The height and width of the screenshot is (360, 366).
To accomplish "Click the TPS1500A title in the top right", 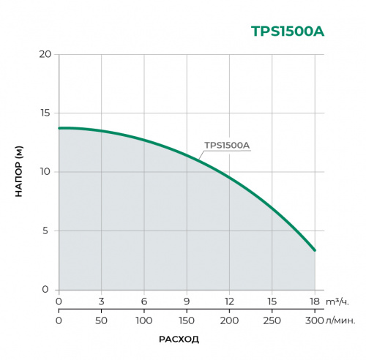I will tap(287, 31).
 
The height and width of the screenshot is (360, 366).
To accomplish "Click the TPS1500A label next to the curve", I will tap(227, 145).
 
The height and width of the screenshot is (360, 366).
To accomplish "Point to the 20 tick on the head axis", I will tap(45, 55).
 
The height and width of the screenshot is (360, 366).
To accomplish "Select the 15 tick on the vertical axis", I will tap(45, 113).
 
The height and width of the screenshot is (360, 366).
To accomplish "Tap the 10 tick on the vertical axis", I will tap(45, 172).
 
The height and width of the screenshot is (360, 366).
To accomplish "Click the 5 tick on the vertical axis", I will tap(47, 231).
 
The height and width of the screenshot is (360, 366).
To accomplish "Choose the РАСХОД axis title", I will tap(179, 340).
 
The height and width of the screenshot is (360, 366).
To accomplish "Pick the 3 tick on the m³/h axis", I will tap(101, 301).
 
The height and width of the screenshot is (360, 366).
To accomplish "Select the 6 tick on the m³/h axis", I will tap(144, 301).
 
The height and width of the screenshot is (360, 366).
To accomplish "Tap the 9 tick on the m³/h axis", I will tap(187, 301).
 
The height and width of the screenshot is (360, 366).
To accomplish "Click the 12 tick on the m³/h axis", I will tap(230, 301).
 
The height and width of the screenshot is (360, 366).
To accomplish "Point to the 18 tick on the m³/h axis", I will tap(315, 301).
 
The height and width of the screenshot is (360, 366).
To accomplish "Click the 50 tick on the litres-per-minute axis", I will tap(101, 320).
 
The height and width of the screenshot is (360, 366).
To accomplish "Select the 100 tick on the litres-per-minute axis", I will tap(144, 320).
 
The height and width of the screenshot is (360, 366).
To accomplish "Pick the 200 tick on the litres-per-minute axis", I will tap(230, 320).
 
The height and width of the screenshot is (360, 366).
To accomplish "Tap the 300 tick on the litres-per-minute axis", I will tap(315, 320).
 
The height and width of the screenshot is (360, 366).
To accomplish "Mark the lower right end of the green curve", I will tap(315, 250).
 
